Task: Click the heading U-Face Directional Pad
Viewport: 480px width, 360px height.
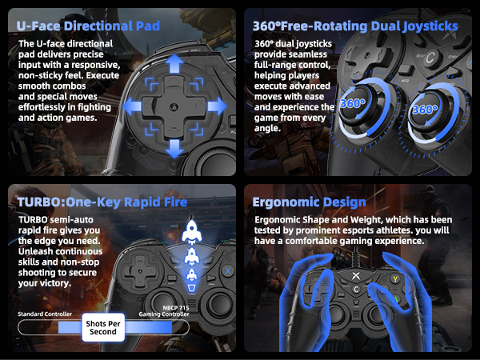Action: click(88, 26)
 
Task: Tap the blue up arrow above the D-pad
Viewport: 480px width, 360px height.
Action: click(174, 64)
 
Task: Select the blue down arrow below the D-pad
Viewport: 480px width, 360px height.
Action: click(174, 149)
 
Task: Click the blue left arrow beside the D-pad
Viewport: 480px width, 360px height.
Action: click(132, 106)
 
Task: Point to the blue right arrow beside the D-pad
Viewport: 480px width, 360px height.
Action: click(217, 106)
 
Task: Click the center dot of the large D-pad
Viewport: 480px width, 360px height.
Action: click(174, 107)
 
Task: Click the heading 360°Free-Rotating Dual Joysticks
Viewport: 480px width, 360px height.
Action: click(355, 26)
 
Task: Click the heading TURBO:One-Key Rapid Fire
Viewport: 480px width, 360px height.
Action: click(102, 202)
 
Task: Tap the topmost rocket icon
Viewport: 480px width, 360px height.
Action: click(192, 230)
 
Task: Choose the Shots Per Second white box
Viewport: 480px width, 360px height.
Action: click(103, 327)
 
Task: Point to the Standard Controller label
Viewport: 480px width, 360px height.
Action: click(45, 314)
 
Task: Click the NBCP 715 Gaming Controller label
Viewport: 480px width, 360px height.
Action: click(164, 311)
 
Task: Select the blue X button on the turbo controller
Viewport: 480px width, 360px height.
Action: click(228, 270)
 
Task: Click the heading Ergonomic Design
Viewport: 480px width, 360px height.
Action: click(309, 202)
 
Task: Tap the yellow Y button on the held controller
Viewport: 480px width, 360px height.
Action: click(395, 279)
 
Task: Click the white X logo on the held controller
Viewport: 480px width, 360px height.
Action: click(355, 275)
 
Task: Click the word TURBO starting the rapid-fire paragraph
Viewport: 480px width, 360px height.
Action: click(33, 220)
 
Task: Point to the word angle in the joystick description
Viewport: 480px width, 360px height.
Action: click(267, 129)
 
